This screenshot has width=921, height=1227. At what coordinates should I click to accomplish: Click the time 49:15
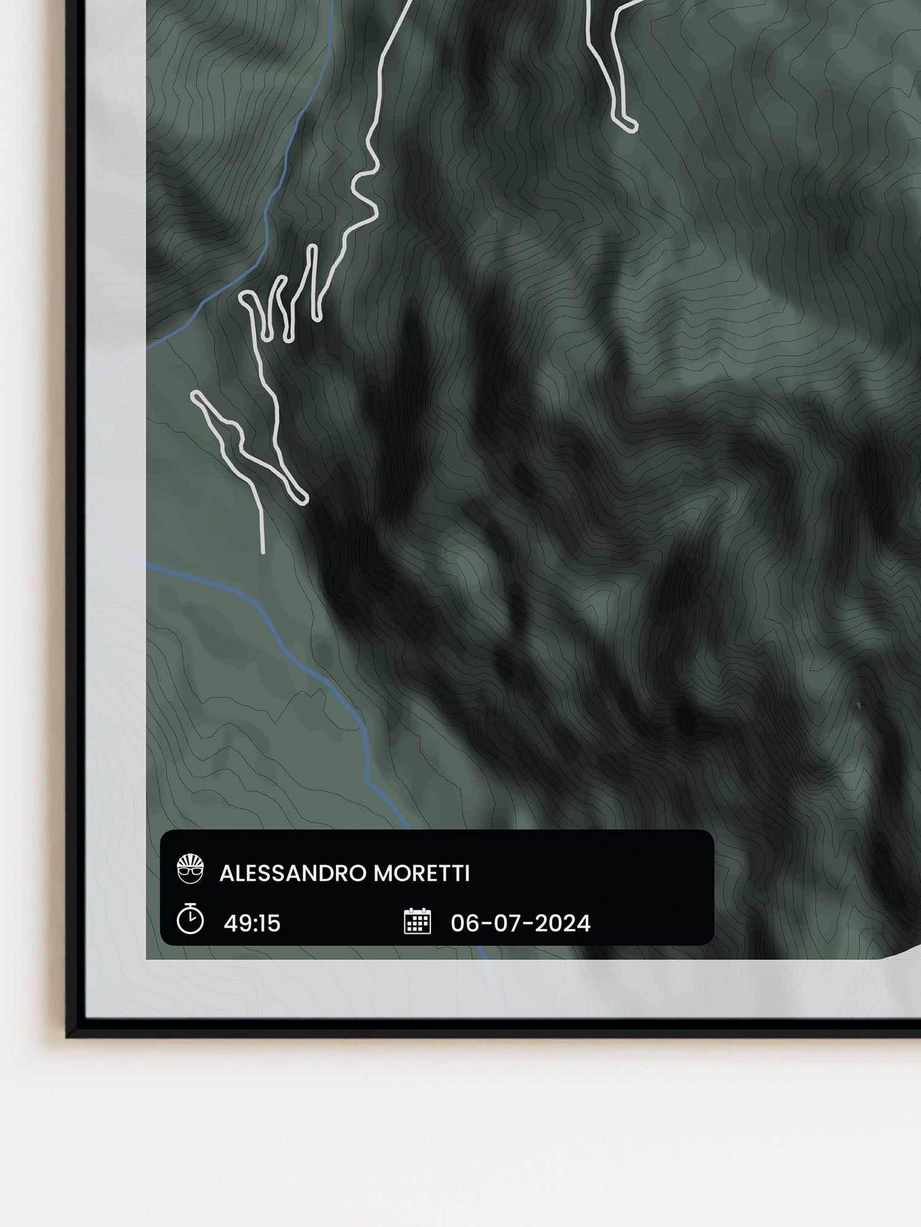(x=252, y=923)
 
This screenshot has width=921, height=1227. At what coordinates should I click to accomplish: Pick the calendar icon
(x=418, y=921)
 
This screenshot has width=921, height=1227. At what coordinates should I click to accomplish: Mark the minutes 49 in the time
(x=235, y=923)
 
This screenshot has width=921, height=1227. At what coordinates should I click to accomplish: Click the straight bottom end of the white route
(x=263, y=550)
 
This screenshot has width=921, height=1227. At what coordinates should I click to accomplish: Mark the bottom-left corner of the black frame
(x=69, y=1036)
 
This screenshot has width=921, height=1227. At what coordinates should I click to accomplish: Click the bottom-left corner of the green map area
(x=147, y=958)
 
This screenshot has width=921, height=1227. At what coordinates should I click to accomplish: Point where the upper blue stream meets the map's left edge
(x=147, y=345)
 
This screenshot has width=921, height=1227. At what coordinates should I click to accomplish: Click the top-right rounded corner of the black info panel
(x=710, y=834)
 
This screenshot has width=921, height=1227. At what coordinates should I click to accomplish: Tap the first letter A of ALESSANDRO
(x=225, y=874)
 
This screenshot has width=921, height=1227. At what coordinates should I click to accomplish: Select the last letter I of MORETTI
(x=467, y=874)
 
